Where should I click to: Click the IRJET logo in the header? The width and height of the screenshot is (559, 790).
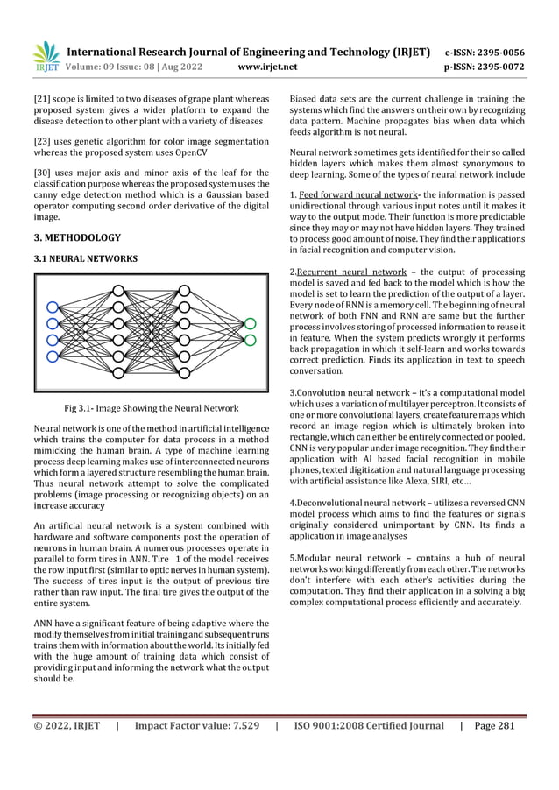tap(45, 55)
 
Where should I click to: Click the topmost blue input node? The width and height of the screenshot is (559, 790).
tap(53, 307)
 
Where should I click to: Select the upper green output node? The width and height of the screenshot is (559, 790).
tap(251, 324)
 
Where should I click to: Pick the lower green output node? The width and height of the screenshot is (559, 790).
tap(251, 341)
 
